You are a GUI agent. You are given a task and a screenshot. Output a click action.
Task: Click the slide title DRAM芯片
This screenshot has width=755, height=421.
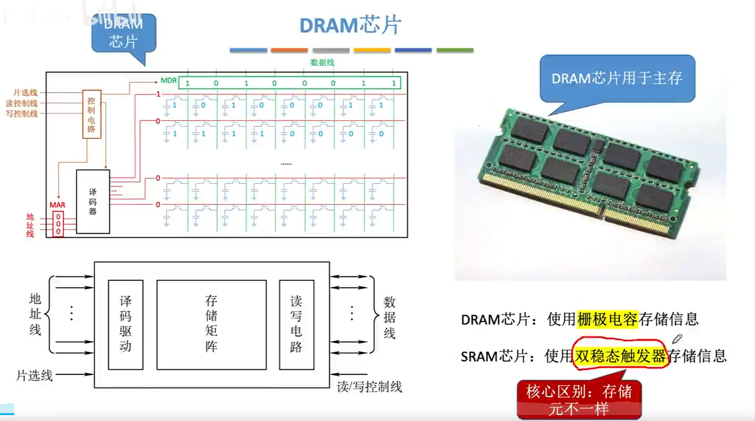[350, 25]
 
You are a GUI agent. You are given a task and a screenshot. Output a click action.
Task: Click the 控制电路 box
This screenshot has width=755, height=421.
[91, 114]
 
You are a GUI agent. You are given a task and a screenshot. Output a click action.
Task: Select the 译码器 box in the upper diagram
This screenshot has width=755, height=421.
[93, 201]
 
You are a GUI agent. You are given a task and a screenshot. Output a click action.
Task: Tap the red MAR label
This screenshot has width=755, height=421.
[57, 205]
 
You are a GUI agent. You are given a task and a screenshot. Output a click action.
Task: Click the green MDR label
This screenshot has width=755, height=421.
[169, 80]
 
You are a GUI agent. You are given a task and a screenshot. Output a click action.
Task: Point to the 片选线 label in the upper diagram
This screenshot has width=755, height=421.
[25, 92]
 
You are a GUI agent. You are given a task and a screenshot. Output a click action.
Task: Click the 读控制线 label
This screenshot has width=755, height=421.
[22, 103]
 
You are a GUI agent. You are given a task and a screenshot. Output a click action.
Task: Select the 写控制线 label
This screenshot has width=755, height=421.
[22, 114]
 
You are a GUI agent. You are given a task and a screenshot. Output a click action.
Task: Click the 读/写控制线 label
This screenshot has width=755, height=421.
[369, 387]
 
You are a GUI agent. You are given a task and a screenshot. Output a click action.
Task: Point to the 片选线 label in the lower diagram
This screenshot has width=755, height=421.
[34, 376]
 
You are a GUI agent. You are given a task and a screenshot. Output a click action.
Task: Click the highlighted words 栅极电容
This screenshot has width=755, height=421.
[607, 319]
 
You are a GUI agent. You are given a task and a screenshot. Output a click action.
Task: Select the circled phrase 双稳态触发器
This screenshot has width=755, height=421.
[620, 356]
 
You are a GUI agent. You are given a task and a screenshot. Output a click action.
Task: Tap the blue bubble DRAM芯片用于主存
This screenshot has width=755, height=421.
[617, 78]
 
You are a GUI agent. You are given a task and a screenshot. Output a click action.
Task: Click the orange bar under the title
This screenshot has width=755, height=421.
[289, 50]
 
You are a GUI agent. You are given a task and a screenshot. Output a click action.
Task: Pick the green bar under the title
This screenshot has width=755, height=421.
[455, 50]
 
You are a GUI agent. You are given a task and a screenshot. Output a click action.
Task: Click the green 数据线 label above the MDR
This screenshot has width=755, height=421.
[322, 62]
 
